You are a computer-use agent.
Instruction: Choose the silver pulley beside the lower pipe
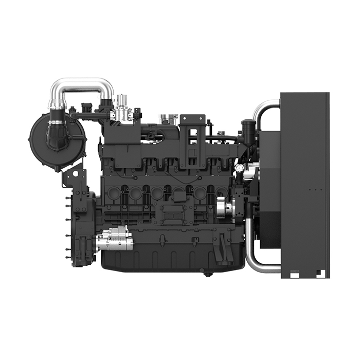point(224,208)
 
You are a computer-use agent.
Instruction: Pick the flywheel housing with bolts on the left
point(77,226)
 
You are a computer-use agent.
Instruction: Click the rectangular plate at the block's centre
point(173,211)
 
